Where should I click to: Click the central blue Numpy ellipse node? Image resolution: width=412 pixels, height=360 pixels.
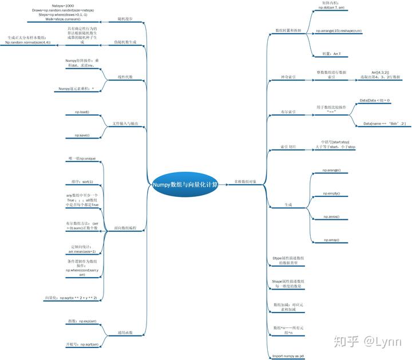point(185,184)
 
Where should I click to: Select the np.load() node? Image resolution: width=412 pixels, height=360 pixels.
point(82,112)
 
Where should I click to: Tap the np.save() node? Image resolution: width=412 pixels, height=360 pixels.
point(82,136)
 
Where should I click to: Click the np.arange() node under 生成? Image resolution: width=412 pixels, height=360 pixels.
point(331,171)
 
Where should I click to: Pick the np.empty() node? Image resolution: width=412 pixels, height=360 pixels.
point(331,193)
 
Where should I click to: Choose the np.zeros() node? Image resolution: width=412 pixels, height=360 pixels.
point(331,217)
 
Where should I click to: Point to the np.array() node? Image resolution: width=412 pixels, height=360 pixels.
point(331,240)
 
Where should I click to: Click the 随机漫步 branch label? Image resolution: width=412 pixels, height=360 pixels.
point(125,19)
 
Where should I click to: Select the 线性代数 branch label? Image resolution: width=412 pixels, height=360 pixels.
point(125,77)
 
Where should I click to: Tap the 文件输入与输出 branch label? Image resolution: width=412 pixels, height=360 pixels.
point(125,124)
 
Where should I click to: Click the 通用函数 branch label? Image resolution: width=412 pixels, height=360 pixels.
point(125,333)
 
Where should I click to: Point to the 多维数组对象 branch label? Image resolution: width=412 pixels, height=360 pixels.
point(245,181)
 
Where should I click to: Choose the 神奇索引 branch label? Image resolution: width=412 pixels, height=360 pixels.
point(288,77)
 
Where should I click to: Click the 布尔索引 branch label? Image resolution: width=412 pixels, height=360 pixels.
point(288,112)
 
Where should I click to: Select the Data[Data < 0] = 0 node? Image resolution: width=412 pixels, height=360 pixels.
point(375,100)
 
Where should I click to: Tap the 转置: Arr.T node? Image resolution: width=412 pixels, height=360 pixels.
point(331,54)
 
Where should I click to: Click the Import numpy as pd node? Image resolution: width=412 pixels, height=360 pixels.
point(288,355)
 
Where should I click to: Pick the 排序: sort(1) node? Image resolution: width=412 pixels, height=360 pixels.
point(82,181)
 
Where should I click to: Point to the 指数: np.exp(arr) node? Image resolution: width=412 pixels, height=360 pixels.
point(82,321)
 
